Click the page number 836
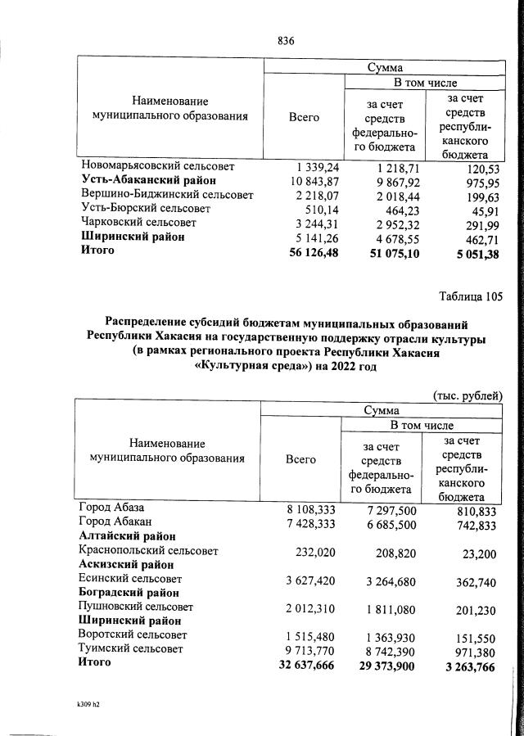click(x=286, y=41)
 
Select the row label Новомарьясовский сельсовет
click(x=158, y=166)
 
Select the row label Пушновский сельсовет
click(x=135, y=607)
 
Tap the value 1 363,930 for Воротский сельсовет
click(x=382, y=635)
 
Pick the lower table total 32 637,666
click(x=300, y=666)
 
